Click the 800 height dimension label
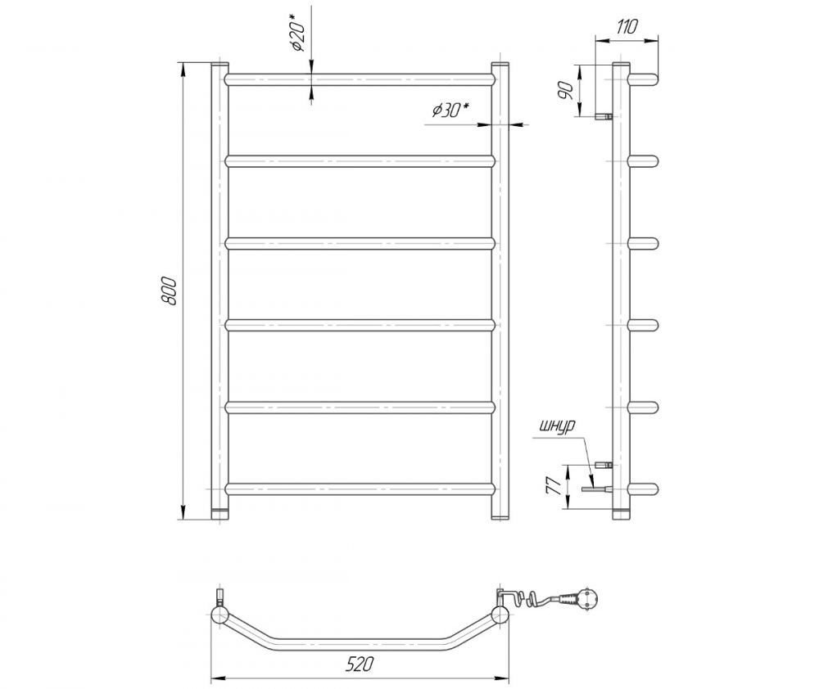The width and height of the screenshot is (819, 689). click(170, 290)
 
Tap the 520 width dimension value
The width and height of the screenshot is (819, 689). click(360, 664)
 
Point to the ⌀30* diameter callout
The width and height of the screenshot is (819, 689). click(450, 110)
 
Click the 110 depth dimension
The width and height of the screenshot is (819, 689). click(627, 27)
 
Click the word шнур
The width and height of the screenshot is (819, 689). click(558, 426)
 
